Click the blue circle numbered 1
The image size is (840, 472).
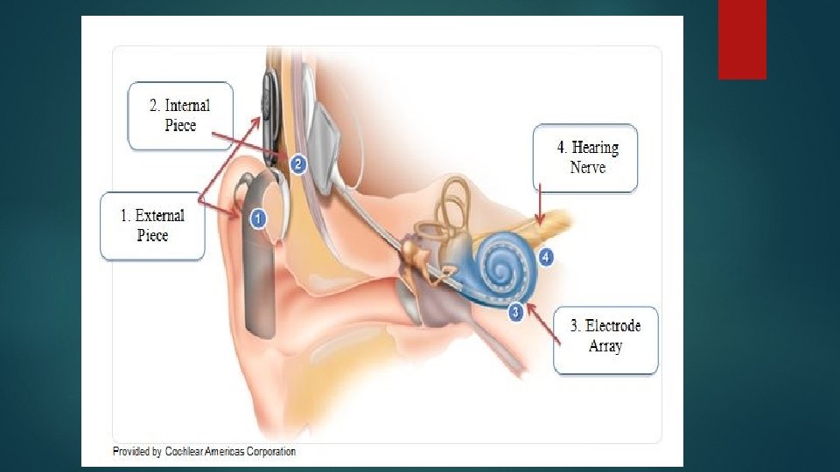[257, 219]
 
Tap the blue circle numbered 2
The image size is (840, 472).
[297, 163]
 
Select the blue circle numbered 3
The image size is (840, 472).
[516, 310]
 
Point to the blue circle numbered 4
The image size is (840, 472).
[546, 257]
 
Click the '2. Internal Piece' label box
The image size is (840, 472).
[180, 115]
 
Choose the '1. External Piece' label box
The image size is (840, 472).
[153, 226]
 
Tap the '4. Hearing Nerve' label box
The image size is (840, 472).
[585, 157]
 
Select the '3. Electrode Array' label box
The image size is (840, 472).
[605, 337]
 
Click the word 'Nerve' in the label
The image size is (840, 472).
[587, 168]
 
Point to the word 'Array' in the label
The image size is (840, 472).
[605, 347]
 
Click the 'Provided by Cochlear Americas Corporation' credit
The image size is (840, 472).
[204, 452]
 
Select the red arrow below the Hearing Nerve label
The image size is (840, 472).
[541, 204]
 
